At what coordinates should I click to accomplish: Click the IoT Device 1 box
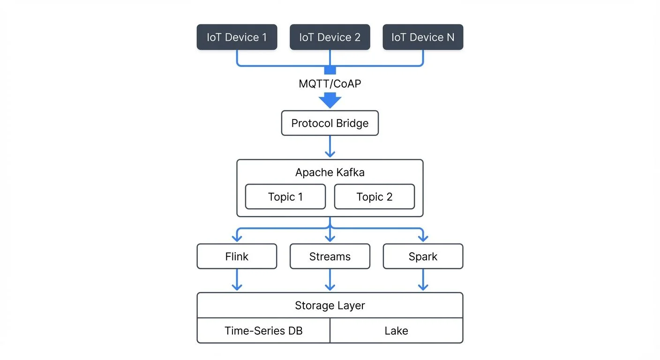click(237, 37)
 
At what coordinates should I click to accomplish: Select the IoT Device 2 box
click(330, 37)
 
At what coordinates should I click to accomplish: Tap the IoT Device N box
click(423, 37)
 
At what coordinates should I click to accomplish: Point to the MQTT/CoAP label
click(330, 84)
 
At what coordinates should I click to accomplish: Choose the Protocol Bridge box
click(330, 123)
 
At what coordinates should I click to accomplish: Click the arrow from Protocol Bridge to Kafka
click(330, 147)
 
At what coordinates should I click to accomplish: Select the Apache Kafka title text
click(330, 172)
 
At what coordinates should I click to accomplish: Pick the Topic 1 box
click(285, 197)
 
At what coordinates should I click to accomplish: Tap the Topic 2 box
click(374, 197)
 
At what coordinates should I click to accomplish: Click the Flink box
click(237, 256)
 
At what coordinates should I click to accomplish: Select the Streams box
click(330, 256)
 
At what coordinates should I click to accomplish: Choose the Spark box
click(423, 256)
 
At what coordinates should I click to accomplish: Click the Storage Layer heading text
click(330, 306)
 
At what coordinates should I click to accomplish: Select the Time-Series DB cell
click(263, 331)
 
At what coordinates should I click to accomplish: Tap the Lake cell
click(397, 331)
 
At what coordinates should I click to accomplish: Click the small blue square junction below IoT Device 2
click(330, 70)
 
